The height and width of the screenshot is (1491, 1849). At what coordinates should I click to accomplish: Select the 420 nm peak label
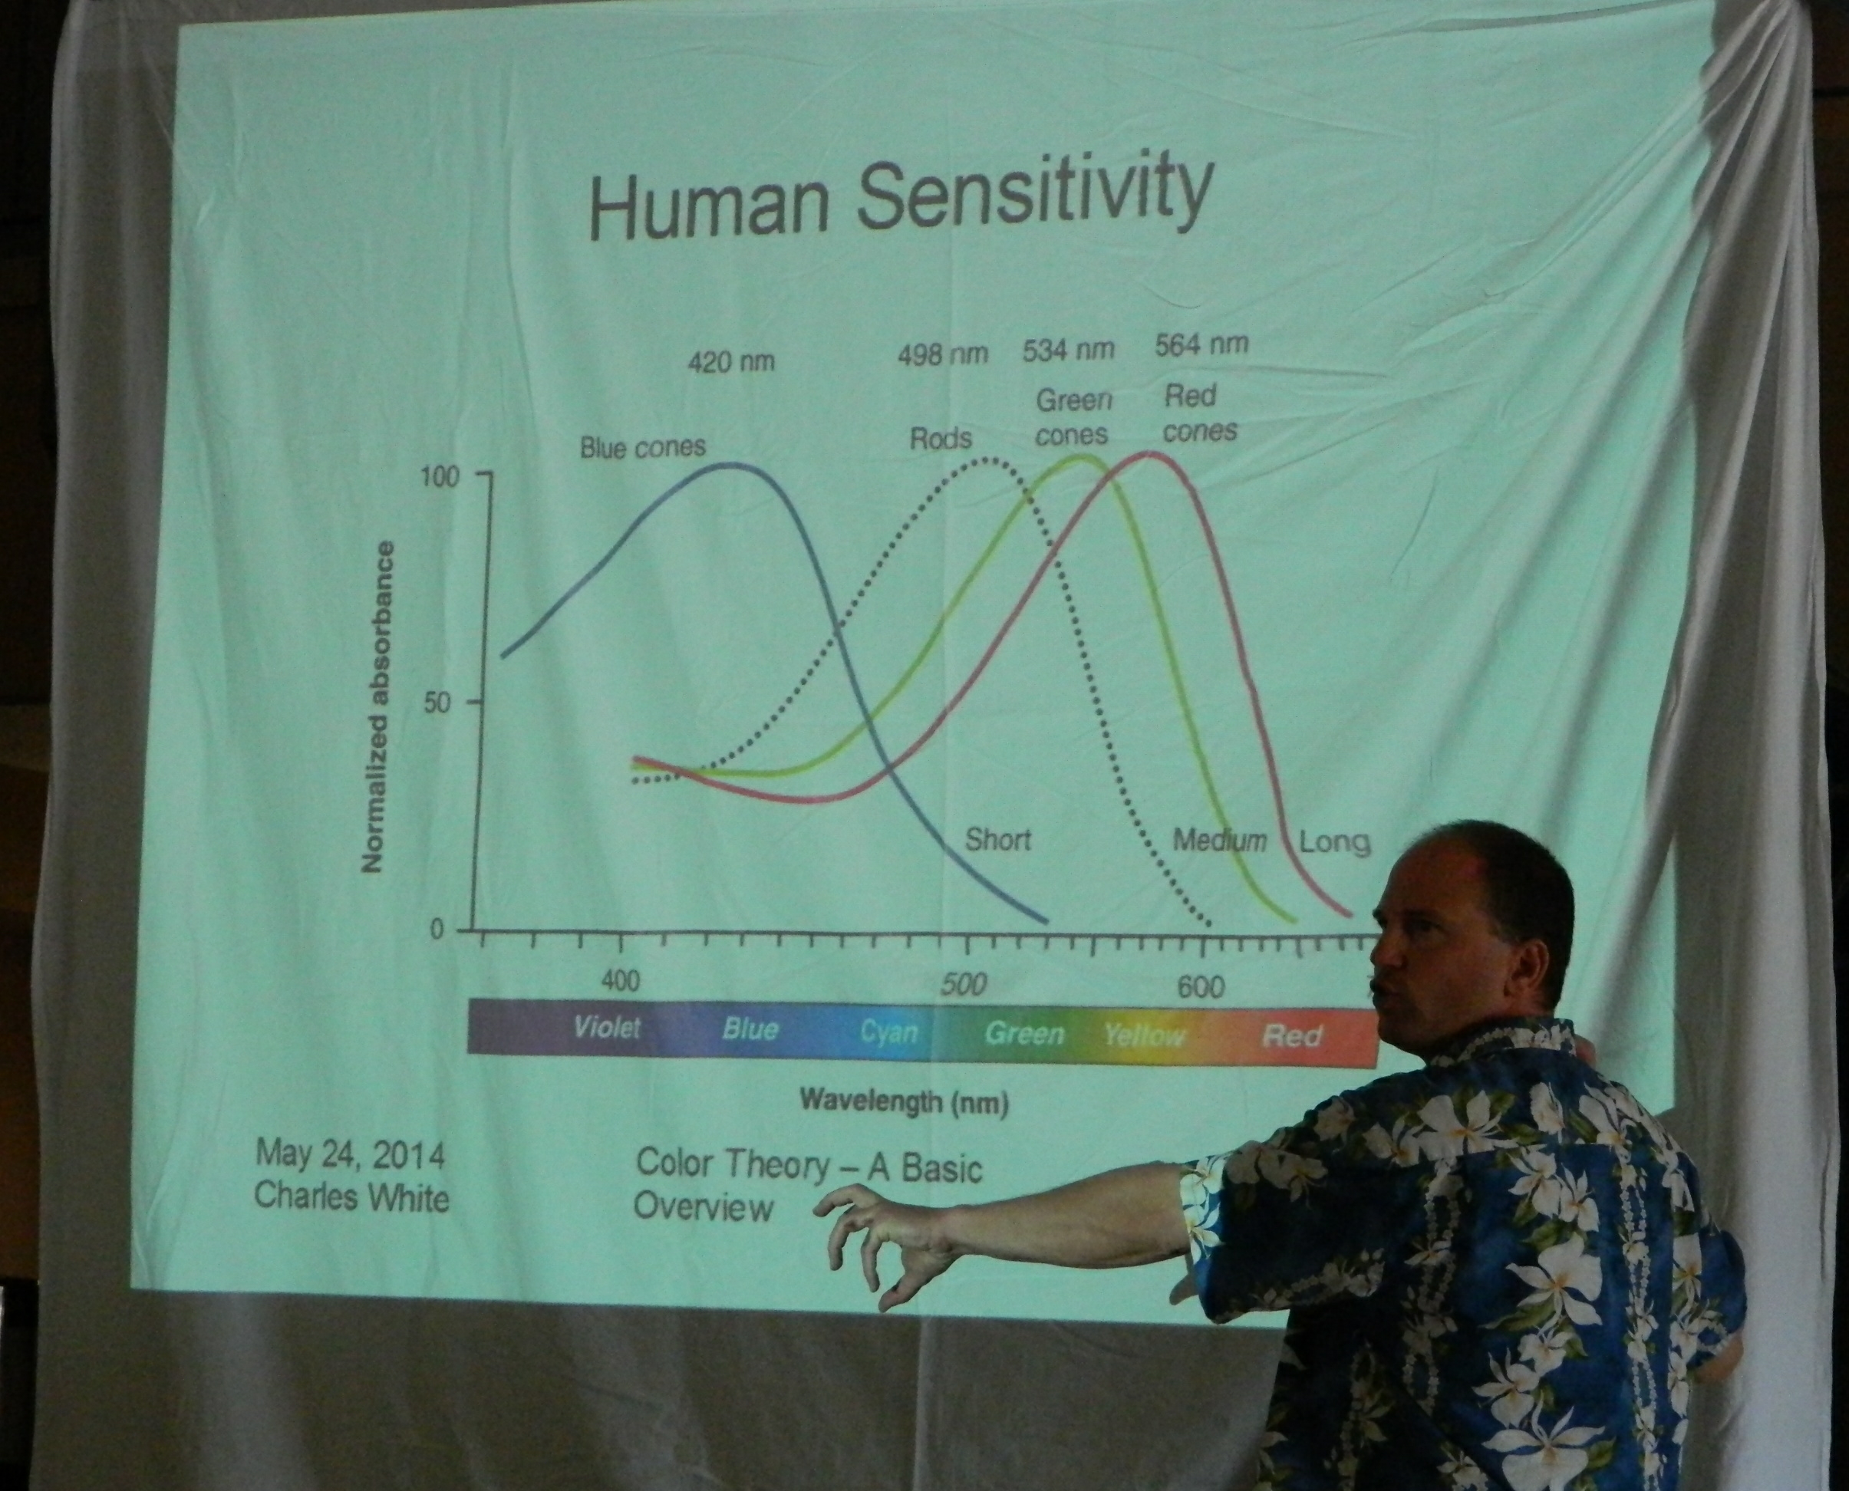coord(731,361)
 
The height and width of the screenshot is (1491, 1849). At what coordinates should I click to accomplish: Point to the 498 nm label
coord(944,353)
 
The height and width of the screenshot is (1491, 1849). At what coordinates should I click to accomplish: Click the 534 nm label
coord(1069,350)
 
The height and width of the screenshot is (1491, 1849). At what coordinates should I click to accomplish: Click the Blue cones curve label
coord(643,447)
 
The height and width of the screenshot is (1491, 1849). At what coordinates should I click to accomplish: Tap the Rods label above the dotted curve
coord(941,438)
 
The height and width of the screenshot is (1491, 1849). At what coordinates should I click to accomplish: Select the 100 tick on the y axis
coord(439,479)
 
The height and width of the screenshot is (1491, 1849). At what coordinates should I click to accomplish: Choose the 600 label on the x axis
coord(1200,988)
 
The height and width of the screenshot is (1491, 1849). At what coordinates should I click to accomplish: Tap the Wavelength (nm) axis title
coord(904,1101)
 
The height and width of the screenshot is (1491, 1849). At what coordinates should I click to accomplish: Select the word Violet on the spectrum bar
coord(607,1027)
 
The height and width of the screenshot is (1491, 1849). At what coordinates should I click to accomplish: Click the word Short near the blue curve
coord(998,838)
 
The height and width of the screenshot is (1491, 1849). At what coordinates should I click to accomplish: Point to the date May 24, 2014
coord(351,1156)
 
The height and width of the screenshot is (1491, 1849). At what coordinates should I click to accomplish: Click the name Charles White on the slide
coord(352,1197)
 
